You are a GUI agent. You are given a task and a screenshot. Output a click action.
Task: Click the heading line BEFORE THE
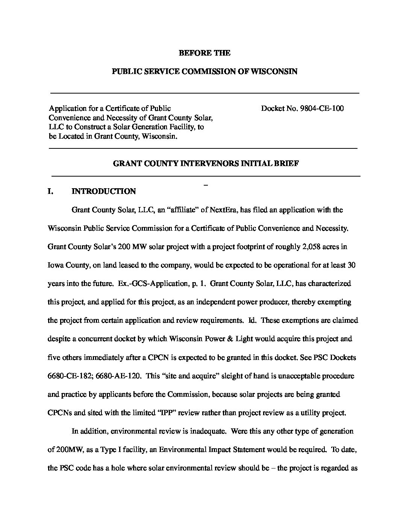pyautogui.click(x=204, y=53)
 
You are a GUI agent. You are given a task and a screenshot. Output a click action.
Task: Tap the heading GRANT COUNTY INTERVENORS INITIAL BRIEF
pyautogui.click(x=206, y=164)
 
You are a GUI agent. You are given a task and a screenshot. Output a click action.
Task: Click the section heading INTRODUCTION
pyautogui.click(x=104, y=192)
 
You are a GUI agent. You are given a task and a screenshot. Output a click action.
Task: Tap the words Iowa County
pyautogui.click(x=64, y=265)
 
